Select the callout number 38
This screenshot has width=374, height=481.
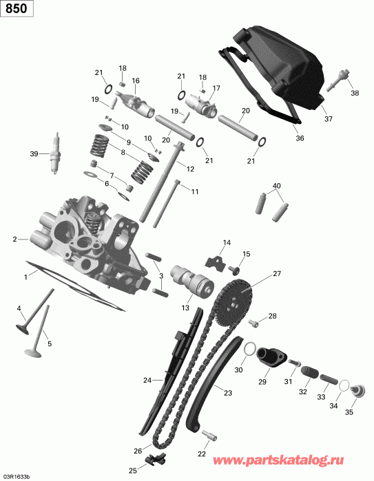pyautogui.click(x=355, y=93)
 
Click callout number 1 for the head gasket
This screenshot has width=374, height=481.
pyautogui.click(x=26, y=277)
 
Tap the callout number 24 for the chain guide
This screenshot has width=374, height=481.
pyautogui.click(x=147, y=379)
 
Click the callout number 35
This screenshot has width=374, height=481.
pyautogui.click(x=349, y=412)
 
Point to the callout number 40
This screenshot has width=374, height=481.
pyautogui.click(x=278, y=186)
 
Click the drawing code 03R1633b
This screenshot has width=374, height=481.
pyautogui.click(x=16, y=475)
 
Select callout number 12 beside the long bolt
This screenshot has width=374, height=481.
pyautogui.click(x=190, y=169)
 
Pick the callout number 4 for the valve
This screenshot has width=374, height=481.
pyautogui.click(x=19, y=308)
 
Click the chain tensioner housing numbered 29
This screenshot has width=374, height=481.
pyautogui.click(x=269, y=361)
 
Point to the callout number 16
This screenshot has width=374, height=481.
pyautogui.click(x=136, y=81)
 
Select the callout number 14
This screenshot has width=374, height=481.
pyautogui.click(x=227, y=242)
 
